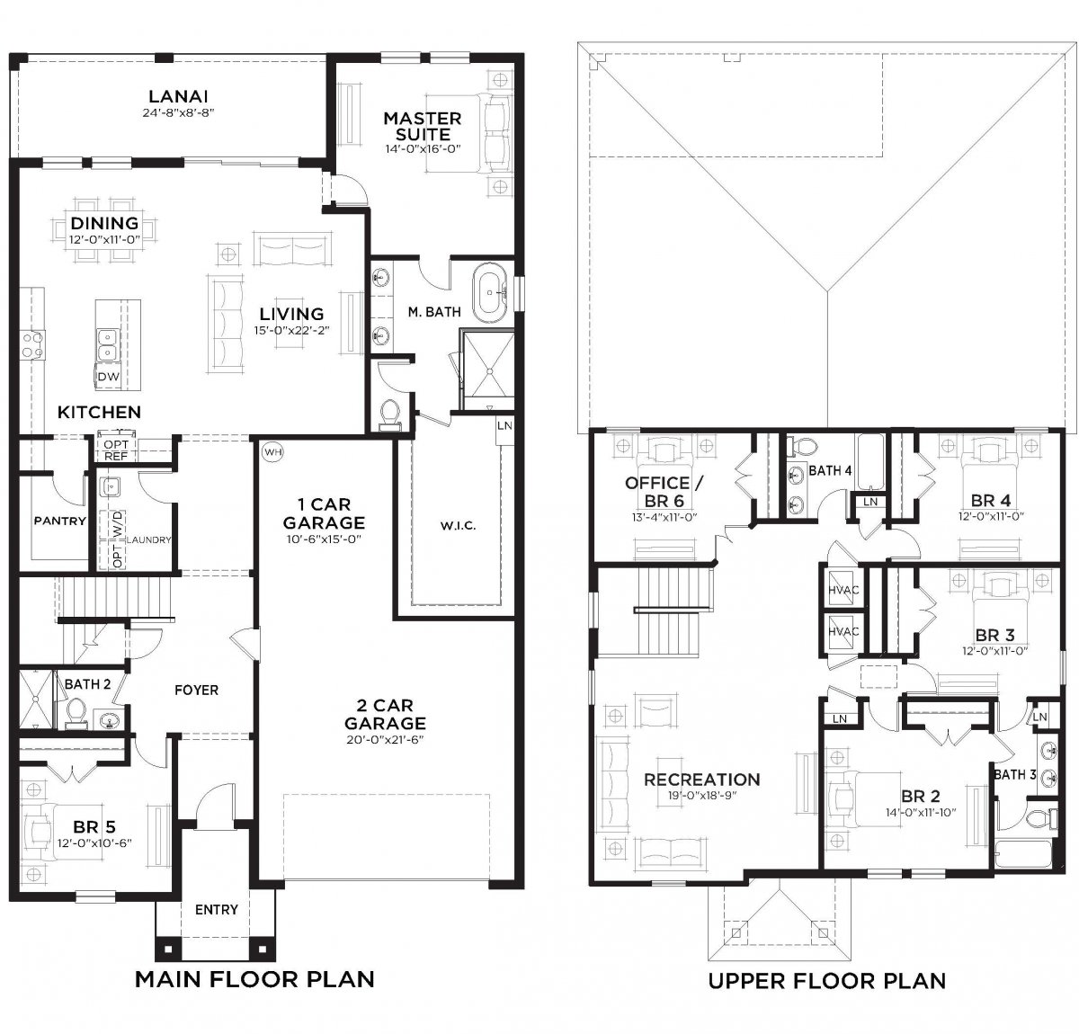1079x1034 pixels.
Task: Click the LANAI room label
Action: (178, 96)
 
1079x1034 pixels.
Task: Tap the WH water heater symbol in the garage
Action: (272, 452)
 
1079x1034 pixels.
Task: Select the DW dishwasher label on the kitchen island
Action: (108, 377)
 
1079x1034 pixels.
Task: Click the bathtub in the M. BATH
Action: (490, 293)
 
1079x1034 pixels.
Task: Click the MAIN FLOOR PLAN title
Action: (255, 979)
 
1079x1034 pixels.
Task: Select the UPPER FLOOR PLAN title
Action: (826, 981)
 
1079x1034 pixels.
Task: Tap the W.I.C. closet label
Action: (458, 526)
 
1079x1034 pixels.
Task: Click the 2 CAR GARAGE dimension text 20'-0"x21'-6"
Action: (385, 740)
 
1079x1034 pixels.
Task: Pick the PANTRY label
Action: (60, 521)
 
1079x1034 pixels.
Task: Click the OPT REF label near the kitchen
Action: (116, 450)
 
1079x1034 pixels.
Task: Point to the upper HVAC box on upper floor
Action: (843, 590)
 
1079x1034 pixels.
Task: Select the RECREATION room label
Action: (702, 780)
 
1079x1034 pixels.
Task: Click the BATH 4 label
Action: (830, 471)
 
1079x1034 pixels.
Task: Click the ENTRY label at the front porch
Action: (216, 910)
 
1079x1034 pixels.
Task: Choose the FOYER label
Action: (196, 691)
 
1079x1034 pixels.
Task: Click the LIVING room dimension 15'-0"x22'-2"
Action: (291, 331)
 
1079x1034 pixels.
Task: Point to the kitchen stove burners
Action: (32, 344)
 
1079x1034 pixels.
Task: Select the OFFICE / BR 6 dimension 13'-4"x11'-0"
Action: (664, 517)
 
